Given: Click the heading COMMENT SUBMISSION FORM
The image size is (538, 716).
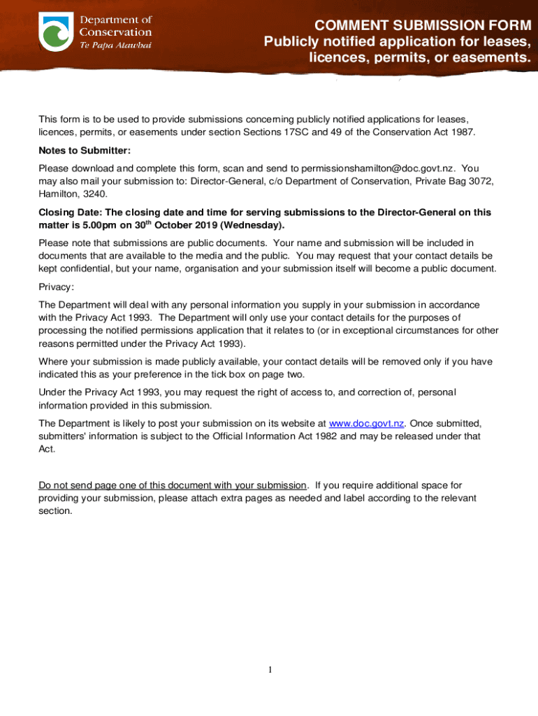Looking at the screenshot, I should (423, 26).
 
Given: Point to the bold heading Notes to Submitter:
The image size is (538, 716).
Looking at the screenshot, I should (85, 150).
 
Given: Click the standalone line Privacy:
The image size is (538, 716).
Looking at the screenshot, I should (57, 287).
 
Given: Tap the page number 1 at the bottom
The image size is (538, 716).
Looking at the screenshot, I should (270, 671).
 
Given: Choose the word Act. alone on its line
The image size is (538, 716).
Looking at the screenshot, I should (47, 450).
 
